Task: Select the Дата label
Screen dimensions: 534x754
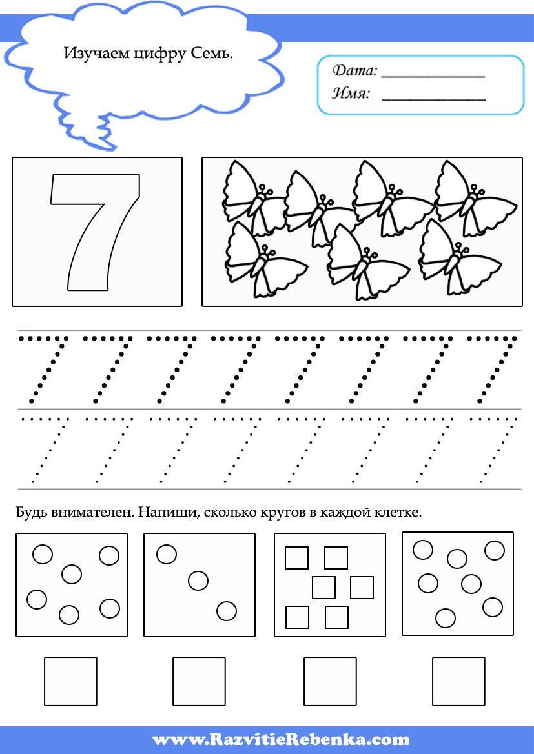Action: click(355, 71)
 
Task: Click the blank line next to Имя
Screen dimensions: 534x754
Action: click(433, 99)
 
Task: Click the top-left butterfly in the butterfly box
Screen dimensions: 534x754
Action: click(253, 198)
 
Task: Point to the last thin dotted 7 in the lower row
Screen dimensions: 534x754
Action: click(493, 450)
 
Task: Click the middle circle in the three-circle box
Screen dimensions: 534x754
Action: click(198, 580)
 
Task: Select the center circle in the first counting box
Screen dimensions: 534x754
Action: click(72, 574)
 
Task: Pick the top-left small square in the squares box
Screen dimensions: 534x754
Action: click(296, 558)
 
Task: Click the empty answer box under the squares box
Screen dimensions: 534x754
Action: click(330, 681)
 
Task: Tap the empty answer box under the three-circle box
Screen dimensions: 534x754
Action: click(199, 681)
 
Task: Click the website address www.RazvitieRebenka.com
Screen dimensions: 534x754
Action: click(280, 739)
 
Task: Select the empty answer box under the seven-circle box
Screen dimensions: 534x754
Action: click(458, 681)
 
